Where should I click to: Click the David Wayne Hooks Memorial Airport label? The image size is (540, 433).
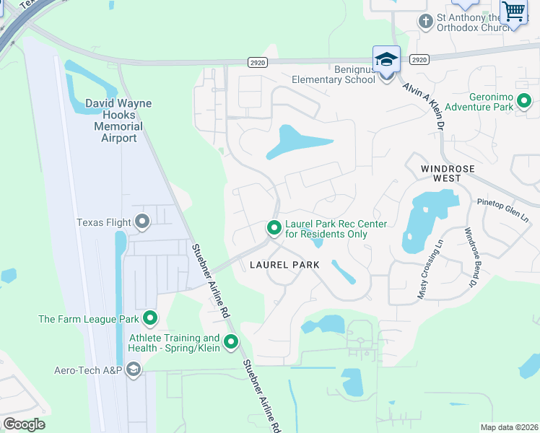pyautogui.click(x=118, y=121)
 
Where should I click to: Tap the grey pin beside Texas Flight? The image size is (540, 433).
pyautogui.click(x=142, y=222)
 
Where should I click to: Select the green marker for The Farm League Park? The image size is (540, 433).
pyautogui.click(x=150, y=318)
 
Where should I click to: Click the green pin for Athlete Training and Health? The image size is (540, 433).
pyautogui.click(x=231, y=342)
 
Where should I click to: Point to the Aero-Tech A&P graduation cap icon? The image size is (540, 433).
pyautogui.click(x=133, y=370)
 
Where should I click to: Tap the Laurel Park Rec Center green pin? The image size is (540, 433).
pyautogui.click(x=274, y=228)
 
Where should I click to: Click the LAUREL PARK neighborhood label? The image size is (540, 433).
pyautogui.click(x=284, y=265)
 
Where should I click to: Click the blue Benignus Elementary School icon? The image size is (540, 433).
pyautogui.click(x=386, y=60)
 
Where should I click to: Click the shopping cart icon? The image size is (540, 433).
pyautogui.click(x=514, y=12)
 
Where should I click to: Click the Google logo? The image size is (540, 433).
pyautogui.click(x=24, y=424)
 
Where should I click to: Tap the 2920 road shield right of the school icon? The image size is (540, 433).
pyautogui.click(x=419, y=60)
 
